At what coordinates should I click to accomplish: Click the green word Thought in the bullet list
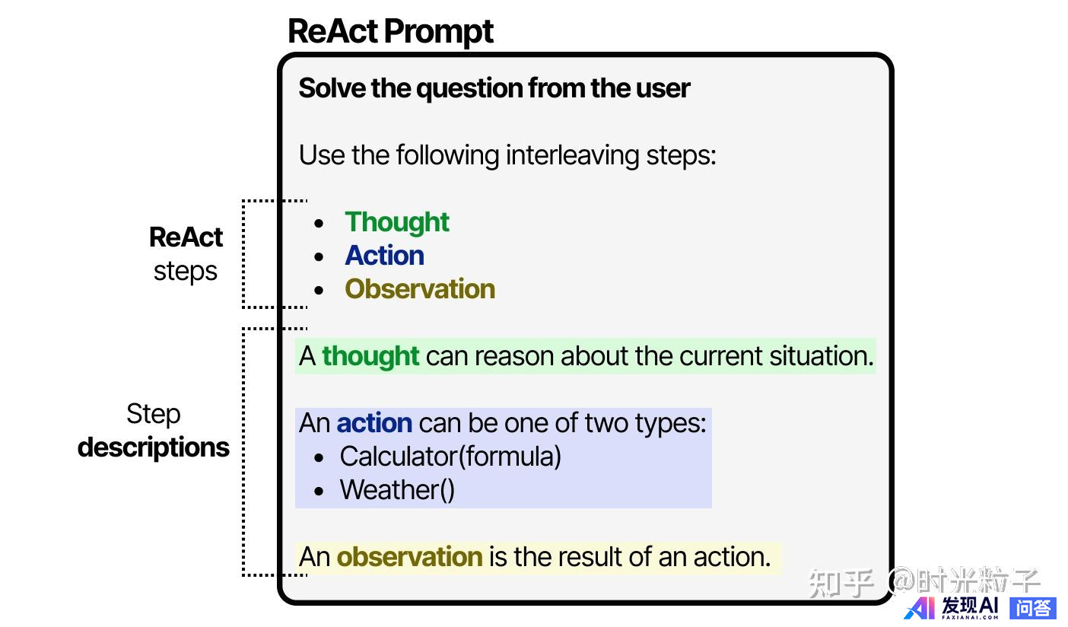(x=396, y=222)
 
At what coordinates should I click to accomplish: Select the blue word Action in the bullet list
(x=384, y=256)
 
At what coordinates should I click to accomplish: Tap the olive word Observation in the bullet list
(x=420, y=289)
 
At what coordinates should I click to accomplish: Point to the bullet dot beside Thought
(x=319, y=223)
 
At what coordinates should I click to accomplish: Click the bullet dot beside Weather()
(x=319, y=491)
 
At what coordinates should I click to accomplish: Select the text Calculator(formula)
(x=450, y=457)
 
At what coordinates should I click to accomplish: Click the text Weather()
(x=397, y=490)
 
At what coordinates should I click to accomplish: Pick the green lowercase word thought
(x=370, y=355)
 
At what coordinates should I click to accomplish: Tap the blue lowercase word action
(x=374, y=423)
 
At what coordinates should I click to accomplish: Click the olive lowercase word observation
(x=409, y=557)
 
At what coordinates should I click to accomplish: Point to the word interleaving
(x=572, y=156)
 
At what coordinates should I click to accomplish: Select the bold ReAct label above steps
(x=186, y=237)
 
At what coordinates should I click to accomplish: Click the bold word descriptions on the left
(x=154, y=448)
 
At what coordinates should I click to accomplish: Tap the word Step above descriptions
(x=154, y=415)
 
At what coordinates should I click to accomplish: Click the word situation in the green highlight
(x=821, y=355)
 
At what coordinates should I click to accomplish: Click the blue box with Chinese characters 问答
(x=1033, y=609)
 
